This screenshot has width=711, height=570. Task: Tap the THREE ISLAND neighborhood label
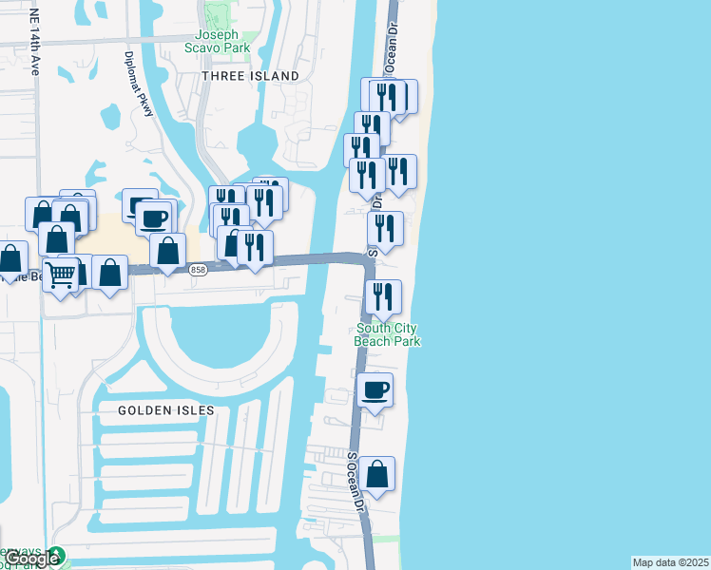point(250,75)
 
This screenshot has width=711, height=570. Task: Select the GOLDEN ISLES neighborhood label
point(166,410)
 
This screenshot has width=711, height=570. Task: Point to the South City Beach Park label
point(387,335)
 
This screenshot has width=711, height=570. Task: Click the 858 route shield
point(198,269)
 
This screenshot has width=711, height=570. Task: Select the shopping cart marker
point(62,275)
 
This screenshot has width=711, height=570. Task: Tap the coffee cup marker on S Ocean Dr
point(375,390)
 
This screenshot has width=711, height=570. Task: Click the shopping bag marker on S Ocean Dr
point(377,474)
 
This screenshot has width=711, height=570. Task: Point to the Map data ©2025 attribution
point(670,562)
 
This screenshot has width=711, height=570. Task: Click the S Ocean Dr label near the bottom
point(356,484)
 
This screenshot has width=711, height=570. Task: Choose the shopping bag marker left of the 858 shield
point(168,251)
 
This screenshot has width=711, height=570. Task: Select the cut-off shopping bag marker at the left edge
point(10,259)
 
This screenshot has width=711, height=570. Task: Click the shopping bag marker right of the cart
point(110,273)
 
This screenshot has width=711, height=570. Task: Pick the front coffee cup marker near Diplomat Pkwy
point(153,218)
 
